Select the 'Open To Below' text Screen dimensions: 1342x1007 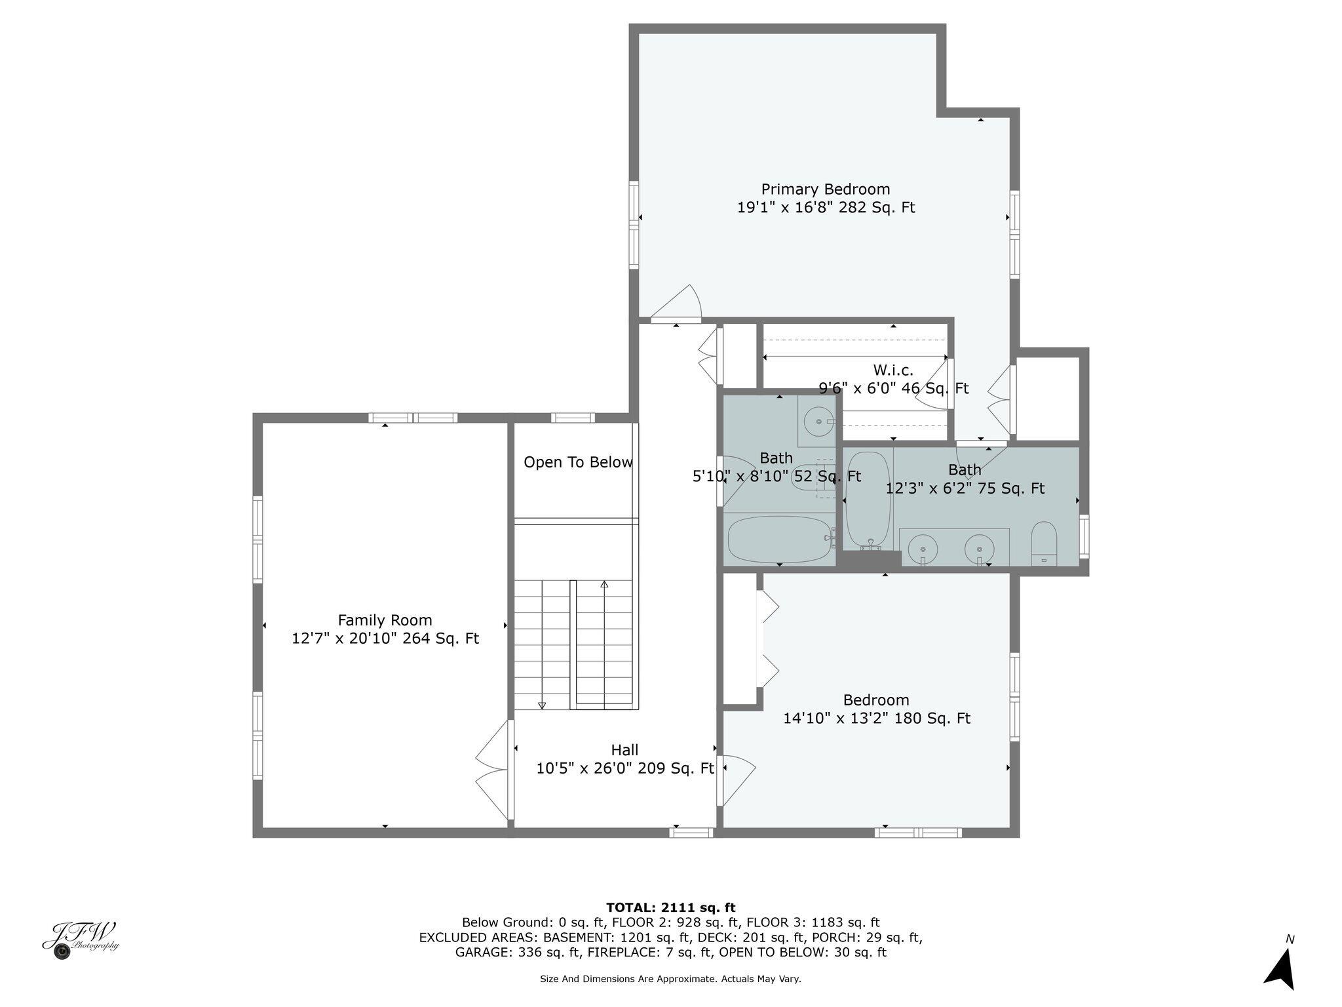(x=578, y=462)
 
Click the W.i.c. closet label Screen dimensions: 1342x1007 (x=892, y=370)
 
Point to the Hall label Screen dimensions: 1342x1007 (x=624, y=750)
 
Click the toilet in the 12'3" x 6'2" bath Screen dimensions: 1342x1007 (x=1044, y=543)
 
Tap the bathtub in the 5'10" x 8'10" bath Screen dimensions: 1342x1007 (x=779, y=540)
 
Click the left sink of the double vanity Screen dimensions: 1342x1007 (x=923, y=547)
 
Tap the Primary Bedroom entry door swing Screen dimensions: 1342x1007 (x=677, y=303)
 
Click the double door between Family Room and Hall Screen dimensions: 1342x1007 (x=493, y=770)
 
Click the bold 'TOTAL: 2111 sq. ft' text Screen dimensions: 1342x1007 (x=670, y=907)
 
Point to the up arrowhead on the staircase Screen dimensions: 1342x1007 (x=604, y=584)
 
